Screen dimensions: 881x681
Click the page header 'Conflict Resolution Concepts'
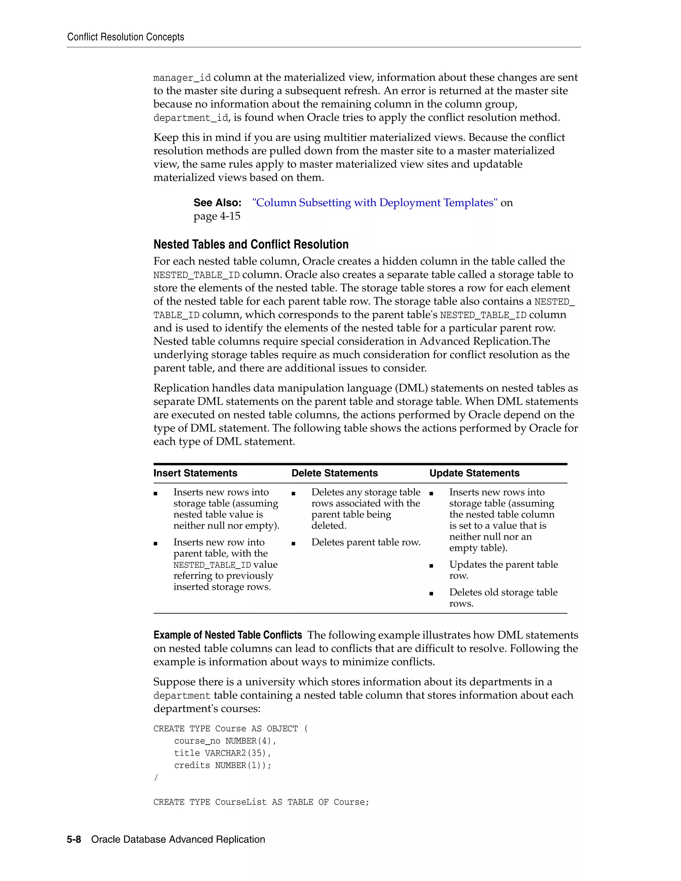(x=125, y=37)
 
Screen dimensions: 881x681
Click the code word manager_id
(x=182, y=78)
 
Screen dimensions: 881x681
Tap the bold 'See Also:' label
(x=217, y=202)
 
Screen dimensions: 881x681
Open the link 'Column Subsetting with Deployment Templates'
(x=375, y=202)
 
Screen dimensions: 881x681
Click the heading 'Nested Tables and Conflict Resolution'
(x=251, y=244)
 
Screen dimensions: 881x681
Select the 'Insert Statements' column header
(x=195, y=473)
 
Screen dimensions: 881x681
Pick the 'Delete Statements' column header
(x=335, y=473)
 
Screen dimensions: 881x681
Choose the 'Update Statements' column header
(x=474, y=473)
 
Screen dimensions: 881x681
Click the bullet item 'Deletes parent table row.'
(x=365, y=543)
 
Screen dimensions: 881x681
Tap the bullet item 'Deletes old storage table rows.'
(x=503, y=597)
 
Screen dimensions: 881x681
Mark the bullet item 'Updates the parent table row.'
(x=503, y=569)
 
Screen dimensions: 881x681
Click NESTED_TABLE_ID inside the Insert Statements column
(x=212, y=565)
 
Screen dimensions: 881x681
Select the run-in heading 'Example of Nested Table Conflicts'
(x=227, y=635)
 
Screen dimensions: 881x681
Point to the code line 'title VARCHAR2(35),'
(x=223, y=753)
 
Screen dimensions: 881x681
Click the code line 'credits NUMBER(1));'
(x=223, y=766)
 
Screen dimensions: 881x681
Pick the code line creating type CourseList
(x=261, y=802)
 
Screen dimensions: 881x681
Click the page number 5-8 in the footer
(x=74, y=839)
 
